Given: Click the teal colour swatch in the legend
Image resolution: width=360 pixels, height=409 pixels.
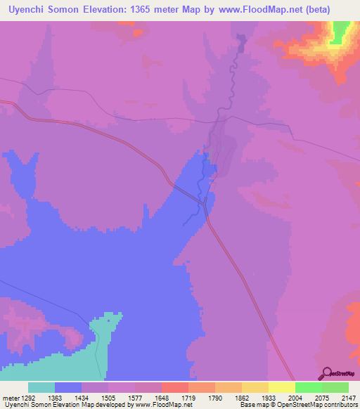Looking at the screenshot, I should pos(41,387).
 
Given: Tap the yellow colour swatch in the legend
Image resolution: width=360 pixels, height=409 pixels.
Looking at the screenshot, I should pos(282,387).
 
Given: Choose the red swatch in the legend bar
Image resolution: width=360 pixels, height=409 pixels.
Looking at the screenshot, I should pos(175,387).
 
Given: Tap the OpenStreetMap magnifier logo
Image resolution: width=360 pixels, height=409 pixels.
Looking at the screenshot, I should pos(326,373).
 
